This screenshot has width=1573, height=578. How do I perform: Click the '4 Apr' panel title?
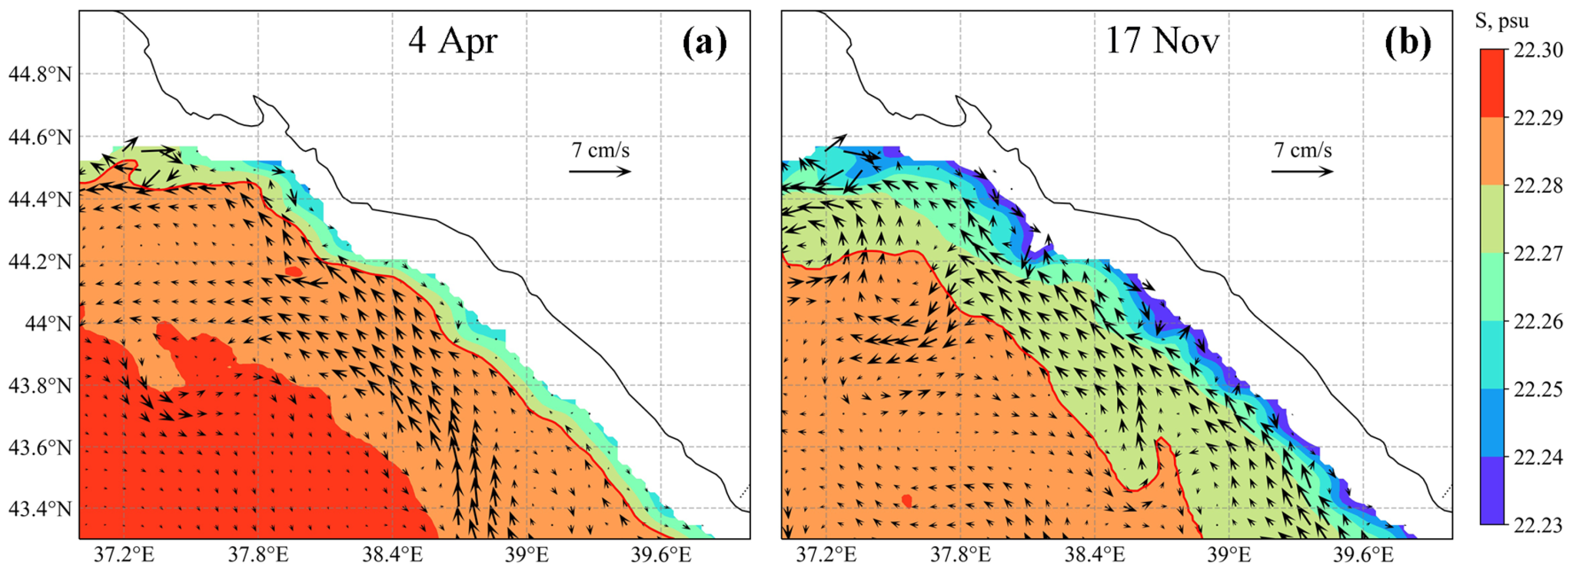click(x=453, y=41)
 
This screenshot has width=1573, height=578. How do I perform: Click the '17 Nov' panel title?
click(x=1162, y=41)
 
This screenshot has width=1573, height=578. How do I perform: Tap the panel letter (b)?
click(x=1408, y=43)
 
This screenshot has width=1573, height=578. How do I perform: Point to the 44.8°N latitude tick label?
click(x=39, y=75)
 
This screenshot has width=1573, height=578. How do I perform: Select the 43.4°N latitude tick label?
click(x=39, y=508)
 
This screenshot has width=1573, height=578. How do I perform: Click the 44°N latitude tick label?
click(x=48, y=323)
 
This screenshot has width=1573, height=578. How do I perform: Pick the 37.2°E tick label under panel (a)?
click(x=123, y=556)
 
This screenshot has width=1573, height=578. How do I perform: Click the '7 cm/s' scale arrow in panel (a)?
click(x=600, y=172)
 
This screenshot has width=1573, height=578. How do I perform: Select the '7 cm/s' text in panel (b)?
click(x=1302, y=150)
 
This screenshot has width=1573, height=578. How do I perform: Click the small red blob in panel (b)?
click(x=907, y=500)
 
